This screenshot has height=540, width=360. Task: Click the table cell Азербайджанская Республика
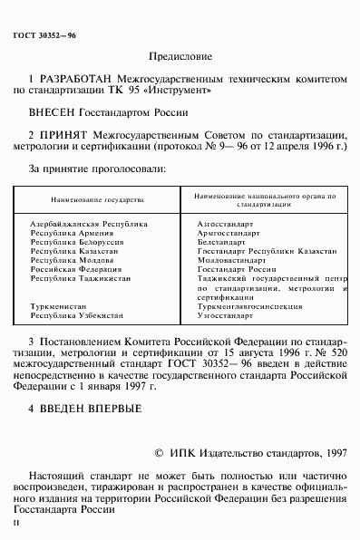point(82,222)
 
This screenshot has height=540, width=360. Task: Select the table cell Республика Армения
point(69,233)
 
